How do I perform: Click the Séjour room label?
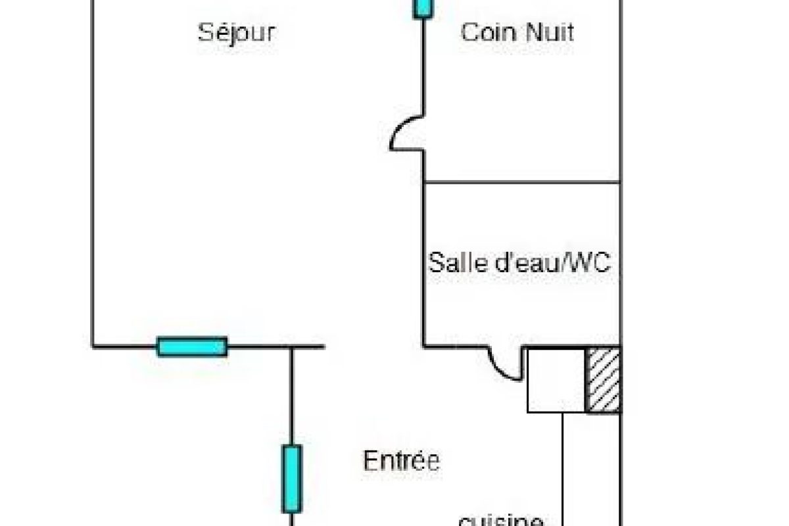point(236,32)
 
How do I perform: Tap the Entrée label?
point(401,460)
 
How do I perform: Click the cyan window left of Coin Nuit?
point(423,8)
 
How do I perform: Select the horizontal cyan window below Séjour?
point(192,346)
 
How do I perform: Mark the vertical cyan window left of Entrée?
point(292,478)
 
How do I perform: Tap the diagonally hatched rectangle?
point(603,380)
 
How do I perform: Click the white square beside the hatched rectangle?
point(556,380)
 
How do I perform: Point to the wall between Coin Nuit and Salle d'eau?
point(522,182)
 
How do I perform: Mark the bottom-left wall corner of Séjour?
point(92,346)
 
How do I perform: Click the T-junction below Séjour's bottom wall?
point(292,347)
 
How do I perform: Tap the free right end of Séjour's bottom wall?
point(323,346)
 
